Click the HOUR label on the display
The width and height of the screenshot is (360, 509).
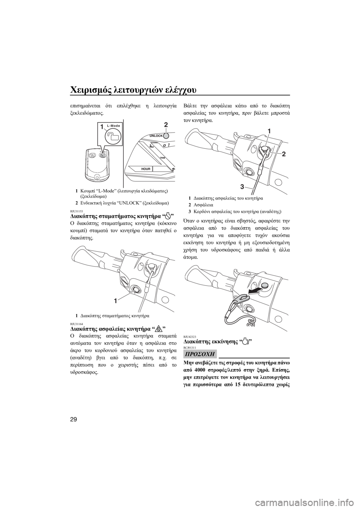[x=145, y=169]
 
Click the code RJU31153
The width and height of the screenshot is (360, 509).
[x=75, y=211]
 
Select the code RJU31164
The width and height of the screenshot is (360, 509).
[x=75, y=323]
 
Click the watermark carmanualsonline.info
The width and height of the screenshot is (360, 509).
[x=321, y=501]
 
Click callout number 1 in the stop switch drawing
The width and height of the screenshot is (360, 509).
[x=116, y=301]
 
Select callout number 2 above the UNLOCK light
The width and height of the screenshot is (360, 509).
[x=166, y=124]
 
